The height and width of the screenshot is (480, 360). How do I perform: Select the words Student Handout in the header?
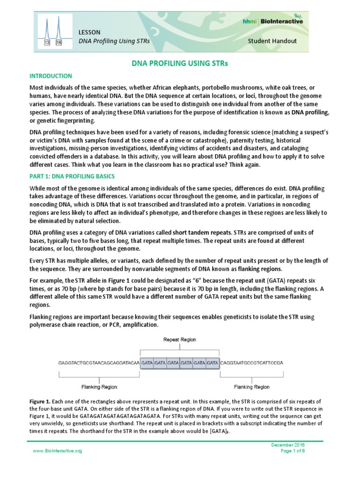[272, 41]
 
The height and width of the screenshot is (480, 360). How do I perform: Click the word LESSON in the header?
[88, 31]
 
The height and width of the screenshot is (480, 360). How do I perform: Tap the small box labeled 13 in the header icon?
[47, 43]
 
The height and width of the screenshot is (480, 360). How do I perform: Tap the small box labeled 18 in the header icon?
[59, 43]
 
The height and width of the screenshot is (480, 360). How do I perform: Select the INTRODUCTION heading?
[51, 75]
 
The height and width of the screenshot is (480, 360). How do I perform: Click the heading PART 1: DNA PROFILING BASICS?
[72, 176]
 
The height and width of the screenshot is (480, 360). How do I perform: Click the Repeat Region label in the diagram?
[180, 339]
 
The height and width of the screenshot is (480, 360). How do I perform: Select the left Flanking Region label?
[99, 387]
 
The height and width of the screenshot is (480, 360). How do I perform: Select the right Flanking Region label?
[252, 387]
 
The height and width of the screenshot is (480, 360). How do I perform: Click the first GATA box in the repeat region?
[147, 363]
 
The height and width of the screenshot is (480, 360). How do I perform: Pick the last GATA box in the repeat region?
[212, 363]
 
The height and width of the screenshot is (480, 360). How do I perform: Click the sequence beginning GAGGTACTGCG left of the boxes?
[98, 363]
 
